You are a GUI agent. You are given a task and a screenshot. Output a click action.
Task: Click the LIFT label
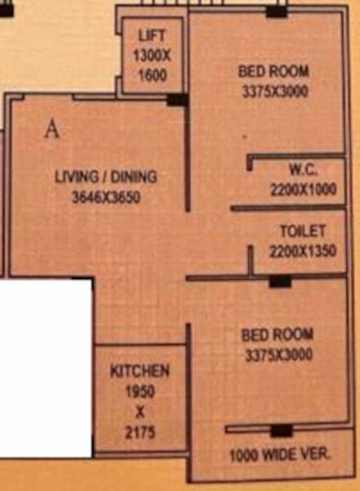(x=152, y=35)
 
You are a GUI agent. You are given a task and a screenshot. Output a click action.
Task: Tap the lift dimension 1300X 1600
(x=152, y=65)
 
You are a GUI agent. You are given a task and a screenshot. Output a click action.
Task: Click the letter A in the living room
(x=52, y=129)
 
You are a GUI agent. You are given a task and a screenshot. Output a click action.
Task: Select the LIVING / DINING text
(x=106, y=177)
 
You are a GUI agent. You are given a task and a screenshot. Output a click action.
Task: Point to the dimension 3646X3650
(x=106, y=196)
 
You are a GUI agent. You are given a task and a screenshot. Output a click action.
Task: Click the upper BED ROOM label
(x=273, y=72)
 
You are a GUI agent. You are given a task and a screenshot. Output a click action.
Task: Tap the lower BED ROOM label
(x=277, y=336)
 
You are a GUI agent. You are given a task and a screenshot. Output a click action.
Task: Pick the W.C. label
(x=303, y=170)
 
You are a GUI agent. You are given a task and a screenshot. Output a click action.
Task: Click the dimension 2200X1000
(x=303, y=189)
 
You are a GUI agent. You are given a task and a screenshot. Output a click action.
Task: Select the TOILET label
(x=303, y=232)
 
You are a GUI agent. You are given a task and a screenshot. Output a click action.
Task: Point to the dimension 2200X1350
(x=303, y=251)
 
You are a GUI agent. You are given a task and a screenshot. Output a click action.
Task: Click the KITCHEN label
(x=140, y=372)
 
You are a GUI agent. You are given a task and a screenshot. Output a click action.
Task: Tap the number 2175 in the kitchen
(x=140, y=432)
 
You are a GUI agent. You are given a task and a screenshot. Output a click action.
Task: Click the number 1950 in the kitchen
(x=140, y=391)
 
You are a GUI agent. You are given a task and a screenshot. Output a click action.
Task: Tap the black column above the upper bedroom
(x=277, y=11)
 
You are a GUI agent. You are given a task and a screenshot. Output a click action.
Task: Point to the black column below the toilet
(x=280, y=282)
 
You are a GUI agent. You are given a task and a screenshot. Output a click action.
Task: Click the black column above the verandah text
(x=281, y=430)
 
